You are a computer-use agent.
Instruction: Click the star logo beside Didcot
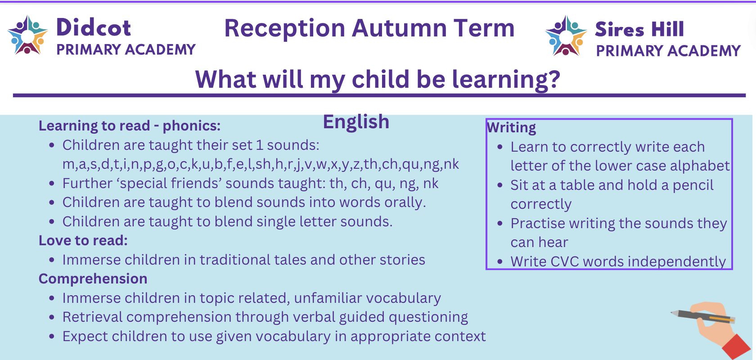28,35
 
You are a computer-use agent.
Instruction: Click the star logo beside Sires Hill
566,36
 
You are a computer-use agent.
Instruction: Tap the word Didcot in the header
94,27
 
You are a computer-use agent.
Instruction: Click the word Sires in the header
620,29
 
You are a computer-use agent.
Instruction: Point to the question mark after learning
553,79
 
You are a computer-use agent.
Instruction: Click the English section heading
356,122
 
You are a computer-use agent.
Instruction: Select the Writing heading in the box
511,128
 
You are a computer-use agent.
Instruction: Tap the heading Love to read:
83,241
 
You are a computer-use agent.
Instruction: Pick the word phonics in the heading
191,126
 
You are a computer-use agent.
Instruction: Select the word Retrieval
92,317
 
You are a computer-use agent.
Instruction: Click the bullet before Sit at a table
500,185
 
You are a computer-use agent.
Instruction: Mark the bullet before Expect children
52,337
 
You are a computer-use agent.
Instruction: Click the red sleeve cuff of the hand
738,347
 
